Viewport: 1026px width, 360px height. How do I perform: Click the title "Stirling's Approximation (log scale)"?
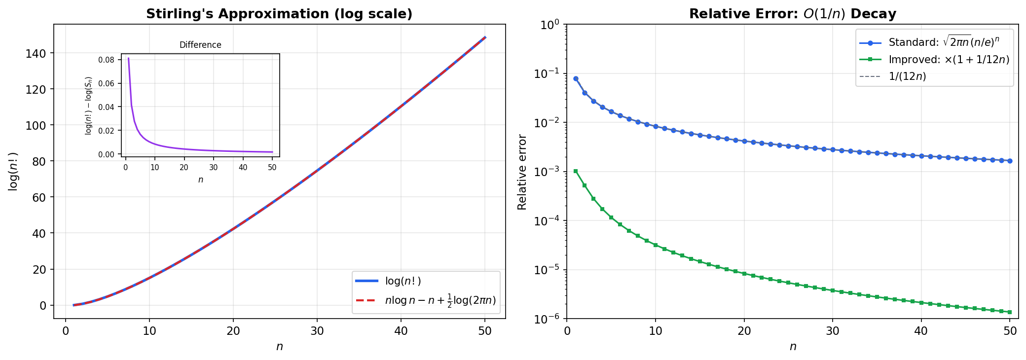(279, 14)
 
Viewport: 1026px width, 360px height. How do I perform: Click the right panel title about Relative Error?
(792, 14)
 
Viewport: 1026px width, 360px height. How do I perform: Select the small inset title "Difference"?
(200, 45)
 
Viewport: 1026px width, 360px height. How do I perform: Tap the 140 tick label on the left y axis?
(39, 53)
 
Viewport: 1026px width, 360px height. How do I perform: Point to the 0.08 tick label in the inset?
(107, 60)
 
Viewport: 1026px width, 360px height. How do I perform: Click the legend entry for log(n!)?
(403, 281)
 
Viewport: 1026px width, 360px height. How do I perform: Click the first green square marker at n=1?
(576, 171)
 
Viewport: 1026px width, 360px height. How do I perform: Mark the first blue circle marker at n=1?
(576, 78)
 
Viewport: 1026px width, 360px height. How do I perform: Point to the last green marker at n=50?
(1010, 312)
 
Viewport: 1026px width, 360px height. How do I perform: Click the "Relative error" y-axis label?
(522, 172)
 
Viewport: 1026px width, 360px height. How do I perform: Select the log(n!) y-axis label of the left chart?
(13, 172)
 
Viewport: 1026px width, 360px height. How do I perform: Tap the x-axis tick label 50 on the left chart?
(485, 331)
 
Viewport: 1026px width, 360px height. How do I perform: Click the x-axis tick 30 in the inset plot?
(213, 168)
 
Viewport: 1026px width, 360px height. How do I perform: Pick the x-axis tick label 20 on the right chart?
(744, 331)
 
